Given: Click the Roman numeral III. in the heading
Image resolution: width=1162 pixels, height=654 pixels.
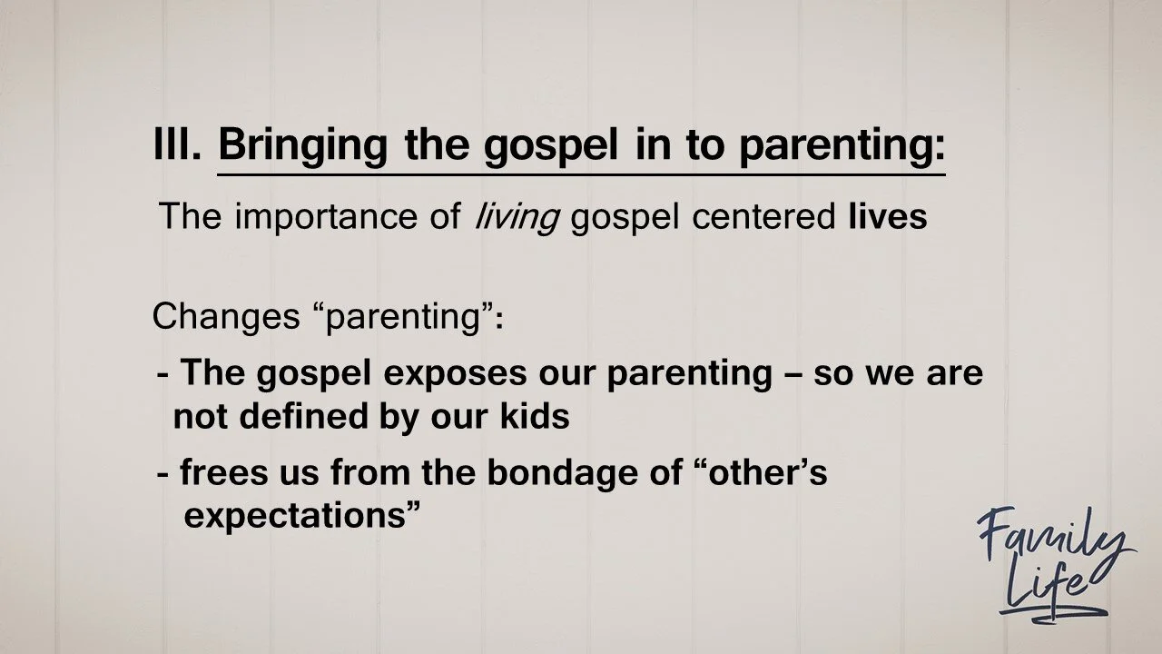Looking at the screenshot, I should coord(177,144).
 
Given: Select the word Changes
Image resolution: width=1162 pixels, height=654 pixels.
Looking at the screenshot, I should coord(226,317).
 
